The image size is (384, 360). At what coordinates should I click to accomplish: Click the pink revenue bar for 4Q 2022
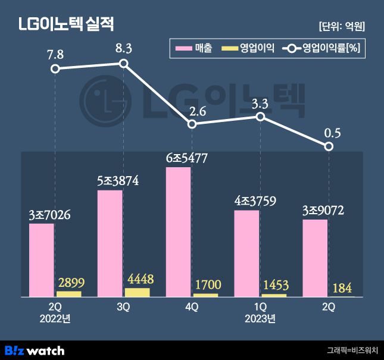(178, 232)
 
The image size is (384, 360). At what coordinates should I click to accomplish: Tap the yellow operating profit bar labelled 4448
(137, 292)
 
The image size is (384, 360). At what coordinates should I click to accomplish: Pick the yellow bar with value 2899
(68, 294)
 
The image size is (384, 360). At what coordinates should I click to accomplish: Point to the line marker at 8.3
(124, 64)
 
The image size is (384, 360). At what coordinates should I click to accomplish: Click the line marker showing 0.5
(329, 146)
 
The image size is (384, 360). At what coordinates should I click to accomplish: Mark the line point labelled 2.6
(192, 124)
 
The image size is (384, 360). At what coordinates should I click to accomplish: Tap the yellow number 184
(342, 287)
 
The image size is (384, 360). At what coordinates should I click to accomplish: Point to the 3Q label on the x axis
(123, 306)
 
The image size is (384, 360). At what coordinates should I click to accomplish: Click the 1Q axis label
(260, 306)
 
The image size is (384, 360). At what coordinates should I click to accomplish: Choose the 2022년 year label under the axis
(55, 318)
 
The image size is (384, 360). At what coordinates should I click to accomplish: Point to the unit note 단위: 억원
(342, 26)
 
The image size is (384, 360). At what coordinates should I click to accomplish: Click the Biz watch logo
(35, 350)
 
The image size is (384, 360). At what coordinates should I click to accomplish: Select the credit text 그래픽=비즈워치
(352, 350)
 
